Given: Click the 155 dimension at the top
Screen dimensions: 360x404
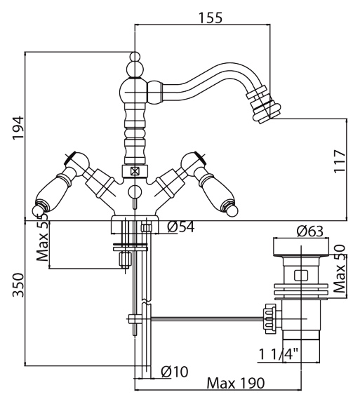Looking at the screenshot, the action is pos(210,18).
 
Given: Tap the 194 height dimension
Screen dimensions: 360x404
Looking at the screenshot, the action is pos(18,128).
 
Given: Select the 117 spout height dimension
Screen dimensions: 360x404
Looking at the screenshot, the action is pos(340,161).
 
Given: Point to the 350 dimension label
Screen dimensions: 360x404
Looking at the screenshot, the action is pos(18,285).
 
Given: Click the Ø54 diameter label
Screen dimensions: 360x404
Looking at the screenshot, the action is pos(181,227).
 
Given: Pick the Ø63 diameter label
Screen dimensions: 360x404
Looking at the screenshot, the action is pos(309,231).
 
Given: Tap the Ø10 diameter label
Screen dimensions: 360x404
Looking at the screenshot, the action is pos(175,372).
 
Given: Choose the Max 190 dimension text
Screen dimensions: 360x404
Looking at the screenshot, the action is pos(236,383).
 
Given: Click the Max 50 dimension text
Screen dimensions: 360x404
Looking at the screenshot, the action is pos(340,269).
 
